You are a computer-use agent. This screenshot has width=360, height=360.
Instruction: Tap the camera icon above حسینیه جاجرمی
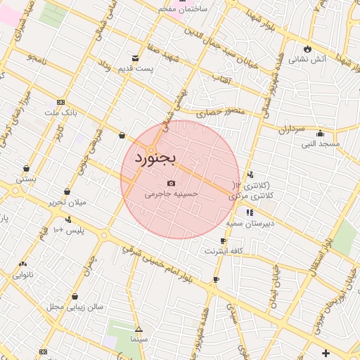[x=171, y=183]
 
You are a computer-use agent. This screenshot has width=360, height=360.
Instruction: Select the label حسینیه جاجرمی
[x=172, y=193]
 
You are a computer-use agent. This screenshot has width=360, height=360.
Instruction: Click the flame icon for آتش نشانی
[x=307, y=49]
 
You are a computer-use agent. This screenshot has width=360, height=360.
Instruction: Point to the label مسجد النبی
[x=321, y=143]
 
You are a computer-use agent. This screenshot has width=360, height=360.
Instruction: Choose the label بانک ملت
[x=60, y=112]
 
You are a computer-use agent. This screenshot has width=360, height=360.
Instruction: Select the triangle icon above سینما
[x=139, y=329]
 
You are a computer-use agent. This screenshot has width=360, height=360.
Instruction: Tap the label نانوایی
[x=24, y=275]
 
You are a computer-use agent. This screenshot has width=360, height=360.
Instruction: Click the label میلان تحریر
[x=67, y=202]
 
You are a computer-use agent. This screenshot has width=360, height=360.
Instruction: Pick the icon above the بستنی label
[x=26, y=169]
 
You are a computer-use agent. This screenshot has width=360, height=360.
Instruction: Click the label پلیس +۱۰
[x=69, y=230]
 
